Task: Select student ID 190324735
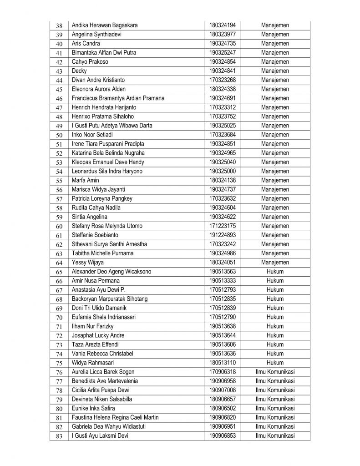[x=223, y=44]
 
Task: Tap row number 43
[x=59, y=71]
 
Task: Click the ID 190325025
[x=223, y=126]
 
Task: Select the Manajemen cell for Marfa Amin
[x=275, y=180]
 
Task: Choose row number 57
[x=59, y=199]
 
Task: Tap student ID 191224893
[x=223, y=235]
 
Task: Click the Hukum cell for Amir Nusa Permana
[x=275, y=281]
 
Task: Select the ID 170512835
[x=223, y=299]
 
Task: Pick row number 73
[x=59, y=345]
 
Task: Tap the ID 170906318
[x=223, y=372]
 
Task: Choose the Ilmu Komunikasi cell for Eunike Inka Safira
[x=275, y=409]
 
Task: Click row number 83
[x=59, y=436]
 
